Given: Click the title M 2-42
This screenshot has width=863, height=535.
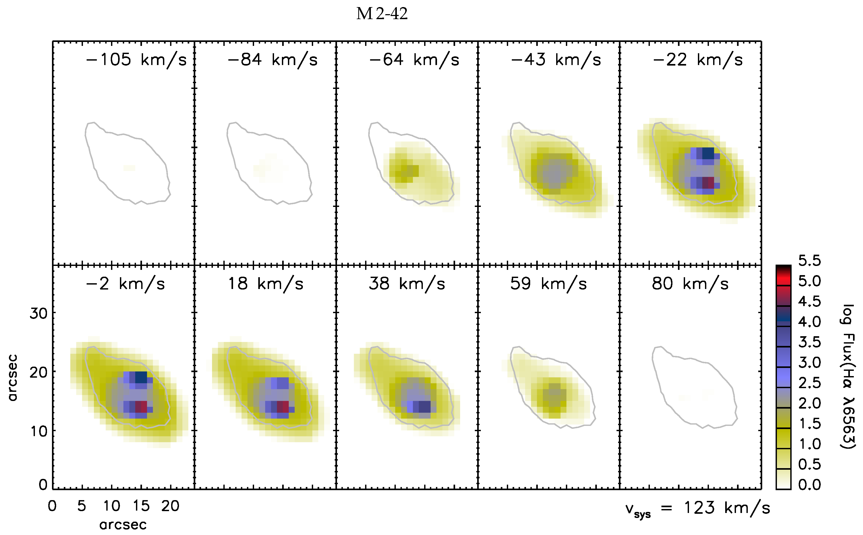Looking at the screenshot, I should click(382, 14).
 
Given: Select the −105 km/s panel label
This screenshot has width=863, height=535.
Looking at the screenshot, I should click(136, 60).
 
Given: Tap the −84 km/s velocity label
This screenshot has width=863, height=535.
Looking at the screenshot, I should click(272, 60).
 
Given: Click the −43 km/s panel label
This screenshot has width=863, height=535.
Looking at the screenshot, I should click(556, 60).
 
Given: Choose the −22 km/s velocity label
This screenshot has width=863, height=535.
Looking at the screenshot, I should click(697, 60).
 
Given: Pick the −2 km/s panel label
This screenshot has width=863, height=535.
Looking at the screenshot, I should click(125, 283).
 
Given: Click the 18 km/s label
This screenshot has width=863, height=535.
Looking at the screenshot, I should click(265, 283).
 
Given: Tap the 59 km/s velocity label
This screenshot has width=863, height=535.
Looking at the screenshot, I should click(548, 283).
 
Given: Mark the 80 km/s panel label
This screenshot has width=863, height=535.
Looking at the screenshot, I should click(690, 283).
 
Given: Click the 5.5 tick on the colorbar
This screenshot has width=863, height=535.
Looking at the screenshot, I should click(809, 260).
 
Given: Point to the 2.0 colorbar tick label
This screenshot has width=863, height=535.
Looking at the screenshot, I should click(809, 403).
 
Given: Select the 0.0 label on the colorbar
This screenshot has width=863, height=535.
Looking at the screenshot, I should click(809, 484).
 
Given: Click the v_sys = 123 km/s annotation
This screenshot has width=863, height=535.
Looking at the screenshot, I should click(697, 508).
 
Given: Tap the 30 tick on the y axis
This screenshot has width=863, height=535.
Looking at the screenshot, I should click(38, 313).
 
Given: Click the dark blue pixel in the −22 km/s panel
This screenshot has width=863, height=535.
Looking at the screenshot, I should click(708, 154).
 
